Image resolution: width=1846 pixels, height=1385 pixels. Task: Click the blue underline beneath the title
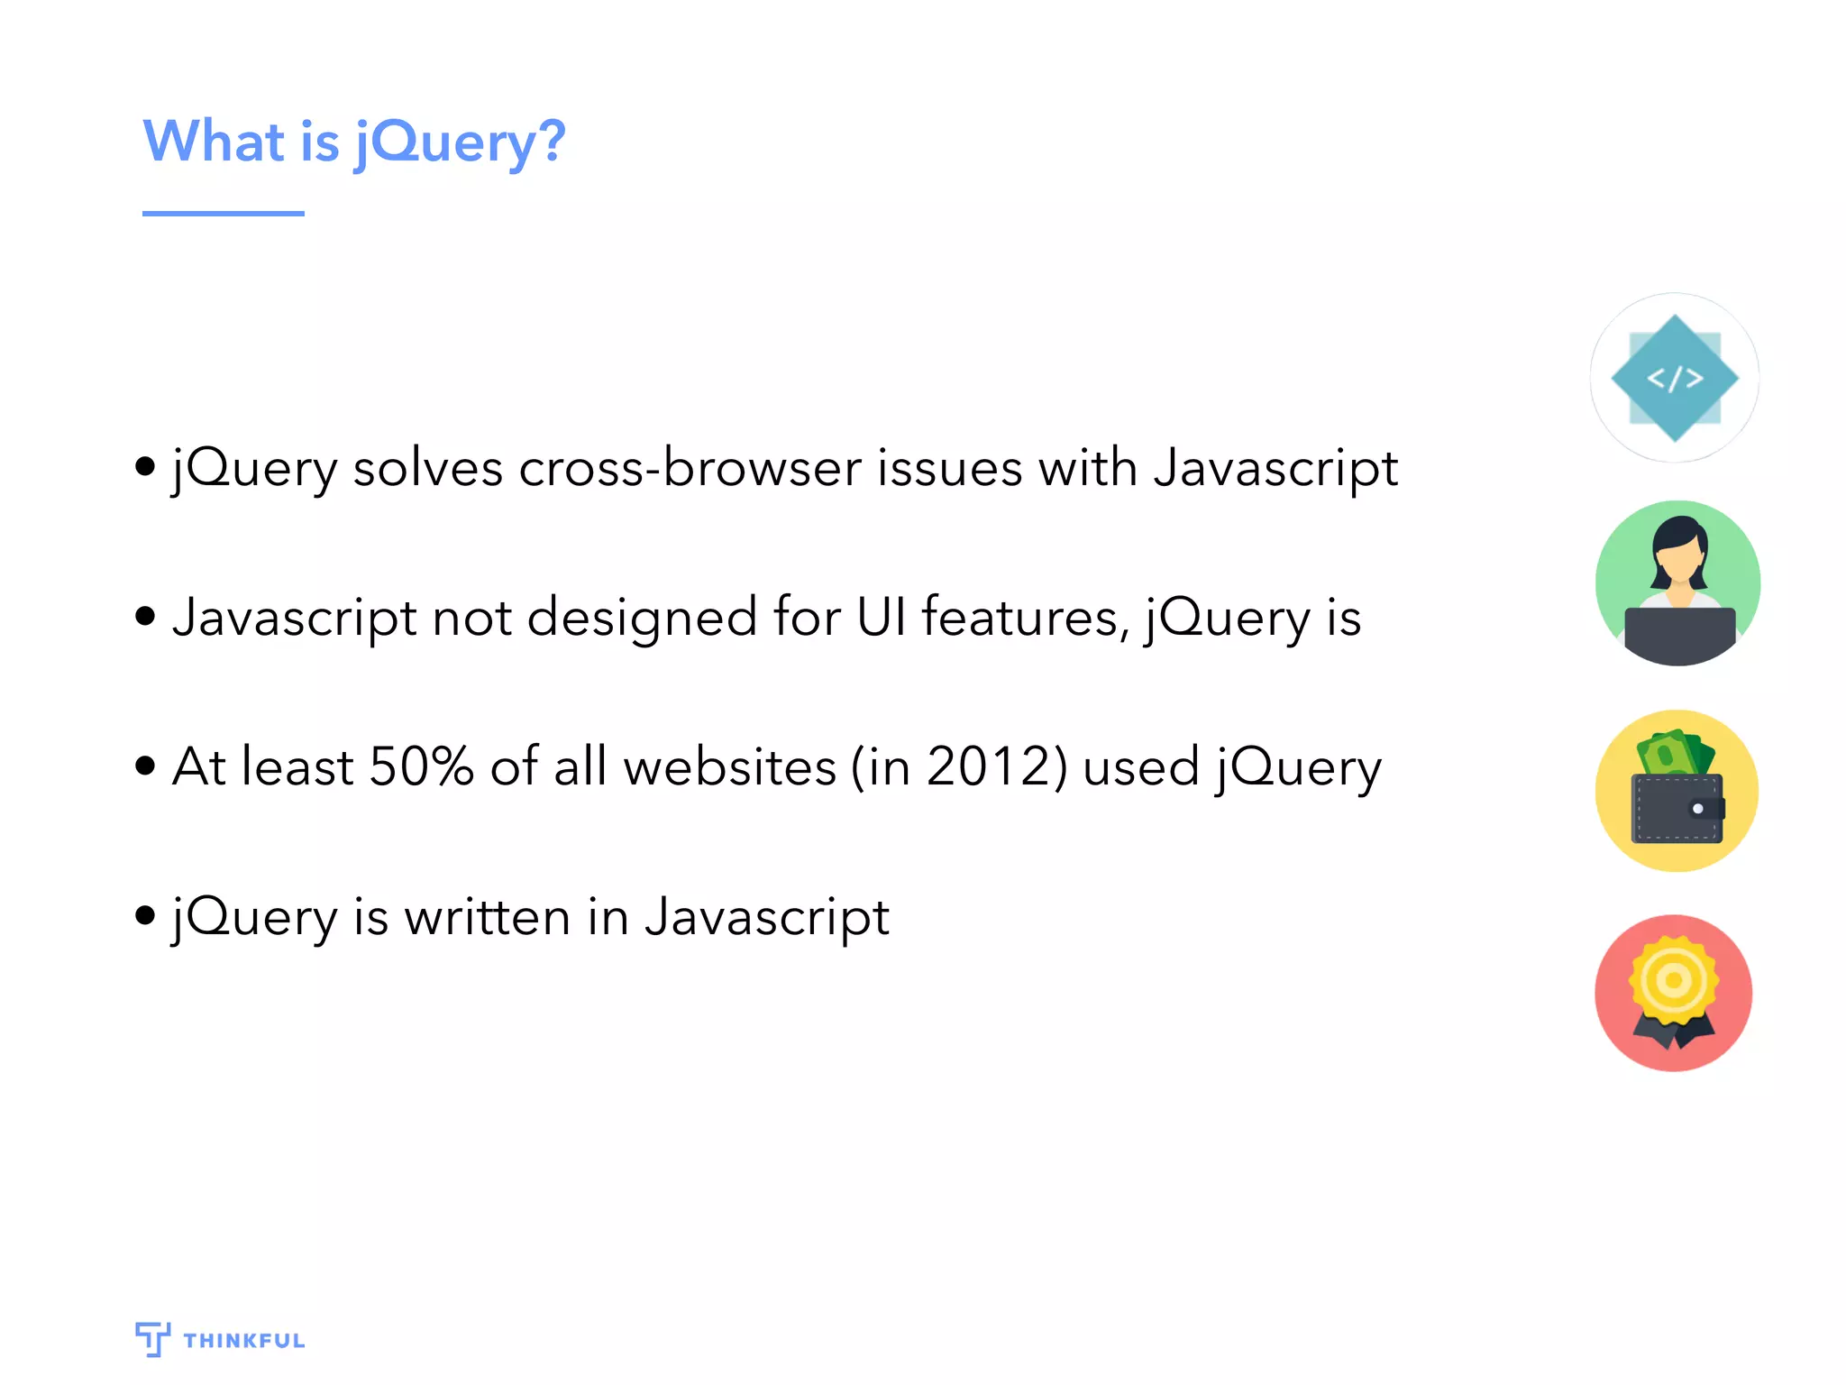pyautogui.click(x=223, y=214)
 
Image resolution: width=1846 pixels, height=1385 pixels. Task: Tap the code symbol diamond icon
pyautogui.click(x=1675, y=378)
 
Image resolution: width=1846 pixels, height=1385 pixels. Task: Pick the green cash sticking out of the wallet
pyautogui.click(x=1673, y=753)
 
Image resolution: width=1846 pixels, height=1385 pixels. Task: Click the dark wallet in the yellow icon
pyautogui.click(x=1677, y=809)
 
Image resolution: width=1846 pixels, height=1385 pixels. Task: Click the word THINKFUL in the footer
pyautogui.click(x=243, y=1341)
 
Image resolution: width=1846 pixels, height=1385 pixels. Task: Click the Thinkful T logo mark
pyautogui.click(x=152, y=1338)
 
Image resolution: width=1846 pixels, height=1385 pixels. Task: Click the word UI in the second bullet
pyautogui.click(x=881, y=619)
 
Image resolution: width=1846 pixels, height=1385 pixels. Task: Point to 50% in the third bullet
pyautogui.click(x=421, y=767)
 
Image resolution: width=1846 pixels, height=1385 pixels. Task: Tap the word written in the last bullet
pyautogui.click(x=487, y=918)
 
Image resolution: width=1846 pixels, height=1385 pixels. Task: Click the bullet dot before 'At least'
pyautogui.click(x=145, y=766)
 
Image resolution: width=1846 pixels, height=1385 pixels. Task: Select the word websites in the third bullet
pyautogui.click(x=730, y=767)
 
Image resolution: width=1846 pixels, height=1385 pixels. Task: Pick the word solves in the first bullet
pyautogui.click(x=427, y=469)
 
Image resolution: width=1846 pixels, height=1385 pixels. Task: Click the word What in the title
pyautogui.click(x=215, y=142)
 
